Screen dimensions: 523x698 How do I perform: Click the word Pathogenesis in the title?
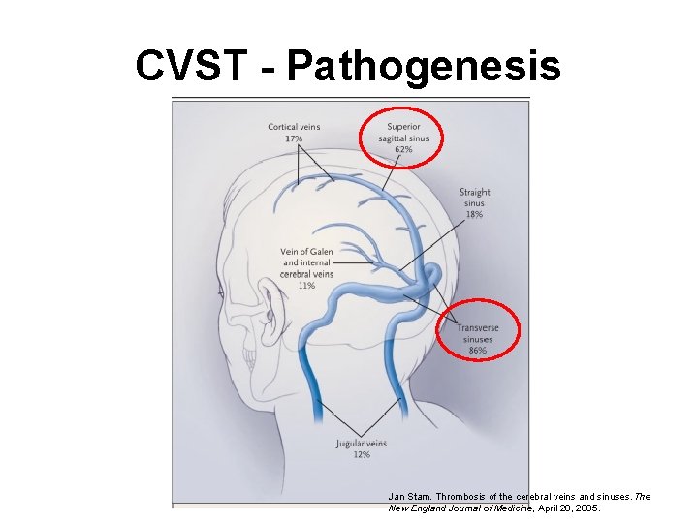(x=424, y=66)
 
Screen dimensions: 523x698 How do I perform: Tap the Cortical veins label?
(x=294, y=128)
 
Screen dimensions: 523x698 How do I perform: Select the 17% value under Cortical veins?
(x=294, y=138)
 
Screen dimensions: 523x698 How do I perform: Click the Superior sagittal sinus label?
(x=403, y=133)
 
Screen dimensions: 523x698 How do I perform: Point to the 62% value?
(x=403, y=150)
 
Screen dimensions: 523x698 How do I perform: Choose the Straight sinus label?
(x=474, y=198)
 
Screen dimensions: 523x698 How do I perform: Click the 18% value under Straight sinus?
(x=474, y=214)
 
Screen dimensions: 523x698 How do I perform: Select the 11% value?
(x=306, y=286)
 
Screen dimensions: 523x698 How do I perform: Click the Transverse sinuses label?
(x=477, y=333)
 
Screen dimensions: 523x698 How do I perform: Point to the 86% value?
(x=477, y=351)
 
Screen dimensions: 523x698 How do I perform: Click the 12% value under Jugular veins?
(x=361, y=454)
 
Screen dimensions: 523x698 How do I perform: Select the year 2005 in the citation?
(x=587, y=508)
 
